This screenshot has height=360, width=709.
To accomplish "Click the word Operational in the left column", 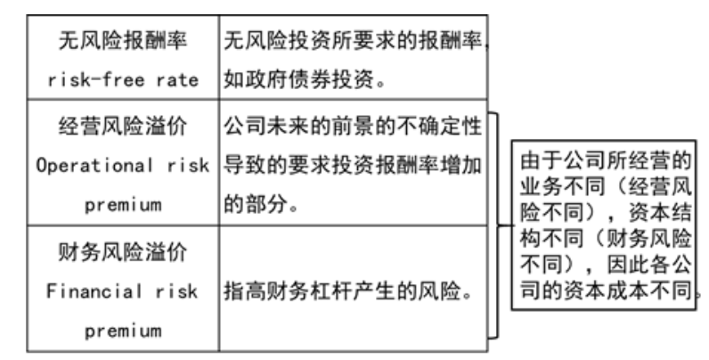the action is tap(89, 166).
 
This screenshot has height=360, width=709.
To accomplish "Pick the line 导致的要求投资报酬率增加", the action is tap(352, 166).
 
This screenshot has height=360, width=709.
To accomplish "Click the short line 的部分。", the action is tap(260, 205).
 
